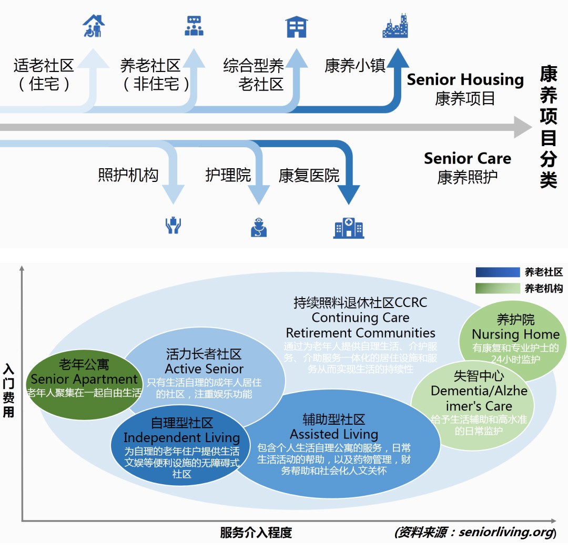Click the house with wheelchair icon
click(x=94, y=26)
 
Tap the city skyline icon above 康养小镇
click(x=395, y=26)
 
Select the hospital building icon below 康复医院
click(x=349, y=227)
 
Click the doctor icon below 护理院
click(x=259, y=227)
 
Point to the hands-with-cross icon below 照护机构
click(x=173, y=226)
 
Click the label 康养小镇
click(x=355, y=66)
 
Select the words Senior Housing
click(x=465, y=79)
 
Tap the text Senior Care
click(x=467, y=158)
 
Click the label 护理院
click(x=228, y=175)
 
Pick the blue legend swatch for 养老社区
click(x=497, y=272)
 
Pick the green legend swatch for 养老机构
click(x=497, y=288)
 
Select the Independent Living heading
click(x=181, y=437)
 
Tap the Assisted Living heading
click(x=334, y=434)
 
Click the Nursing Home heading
click(x=515, y=334)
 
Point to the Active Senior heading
click(x=204, y=369)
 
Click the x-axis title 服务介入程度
click(x=256, y=533)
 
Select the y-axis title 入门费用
click(x=9, y=390)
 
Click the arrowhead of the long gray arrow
click(x=523, y=127)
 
